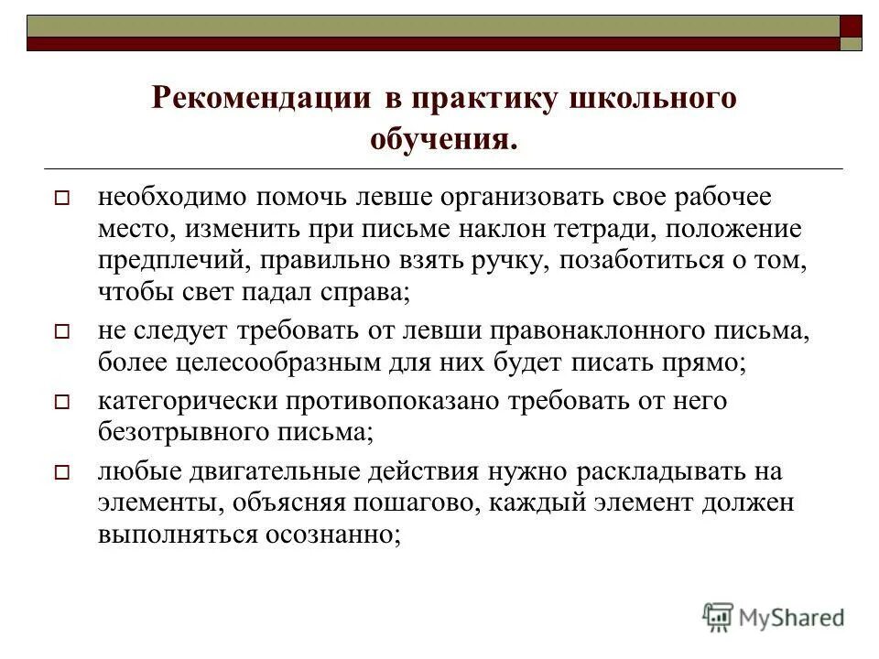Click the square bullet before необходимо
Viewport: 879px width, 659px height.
click(62, 197)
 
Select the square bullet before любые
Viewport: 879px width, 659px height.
click(62, 472)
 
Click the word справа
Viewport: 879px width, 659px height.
click(359, 293)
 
